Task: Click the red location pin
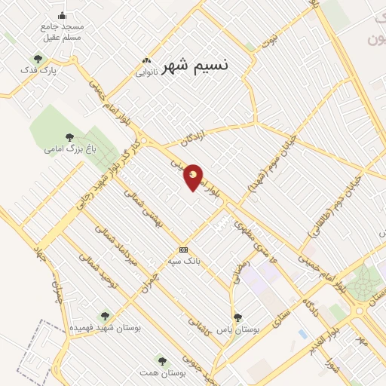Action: pyautogui.click(x=193, y=176)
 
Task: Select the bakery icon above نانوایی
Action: pyautogui.click(x=146, y=60)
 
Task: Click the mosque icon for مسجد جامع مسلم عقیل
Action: pyautogui.click(x=62, y=15)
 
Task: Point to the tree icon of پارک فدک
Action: pyautogui.click(x=38, y=59)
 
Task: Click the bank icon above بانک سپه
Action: pyautogui.click(x=182, y=250)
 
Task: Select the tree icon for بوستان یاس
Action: pyautogui.click(x=237, y=317)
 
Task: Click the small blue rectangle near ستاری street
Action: pyautogui.click(x=303, y=332)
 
